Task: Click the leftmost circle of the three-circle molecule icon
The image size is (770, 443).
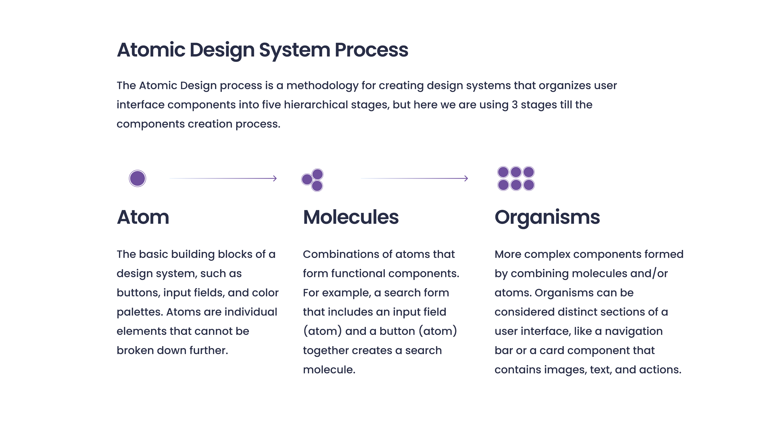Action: pyautogui.click(x=307, y=179)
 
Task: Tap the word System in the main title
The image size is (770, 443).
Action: pyautogui.click(x=294, y=50)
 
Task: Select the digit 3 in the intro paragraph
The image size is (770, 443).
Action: pyautogui.click(x=515, y=105)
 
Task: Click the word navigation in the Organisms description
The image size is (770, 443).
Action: pyautogui.click(x=634, y=332)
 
